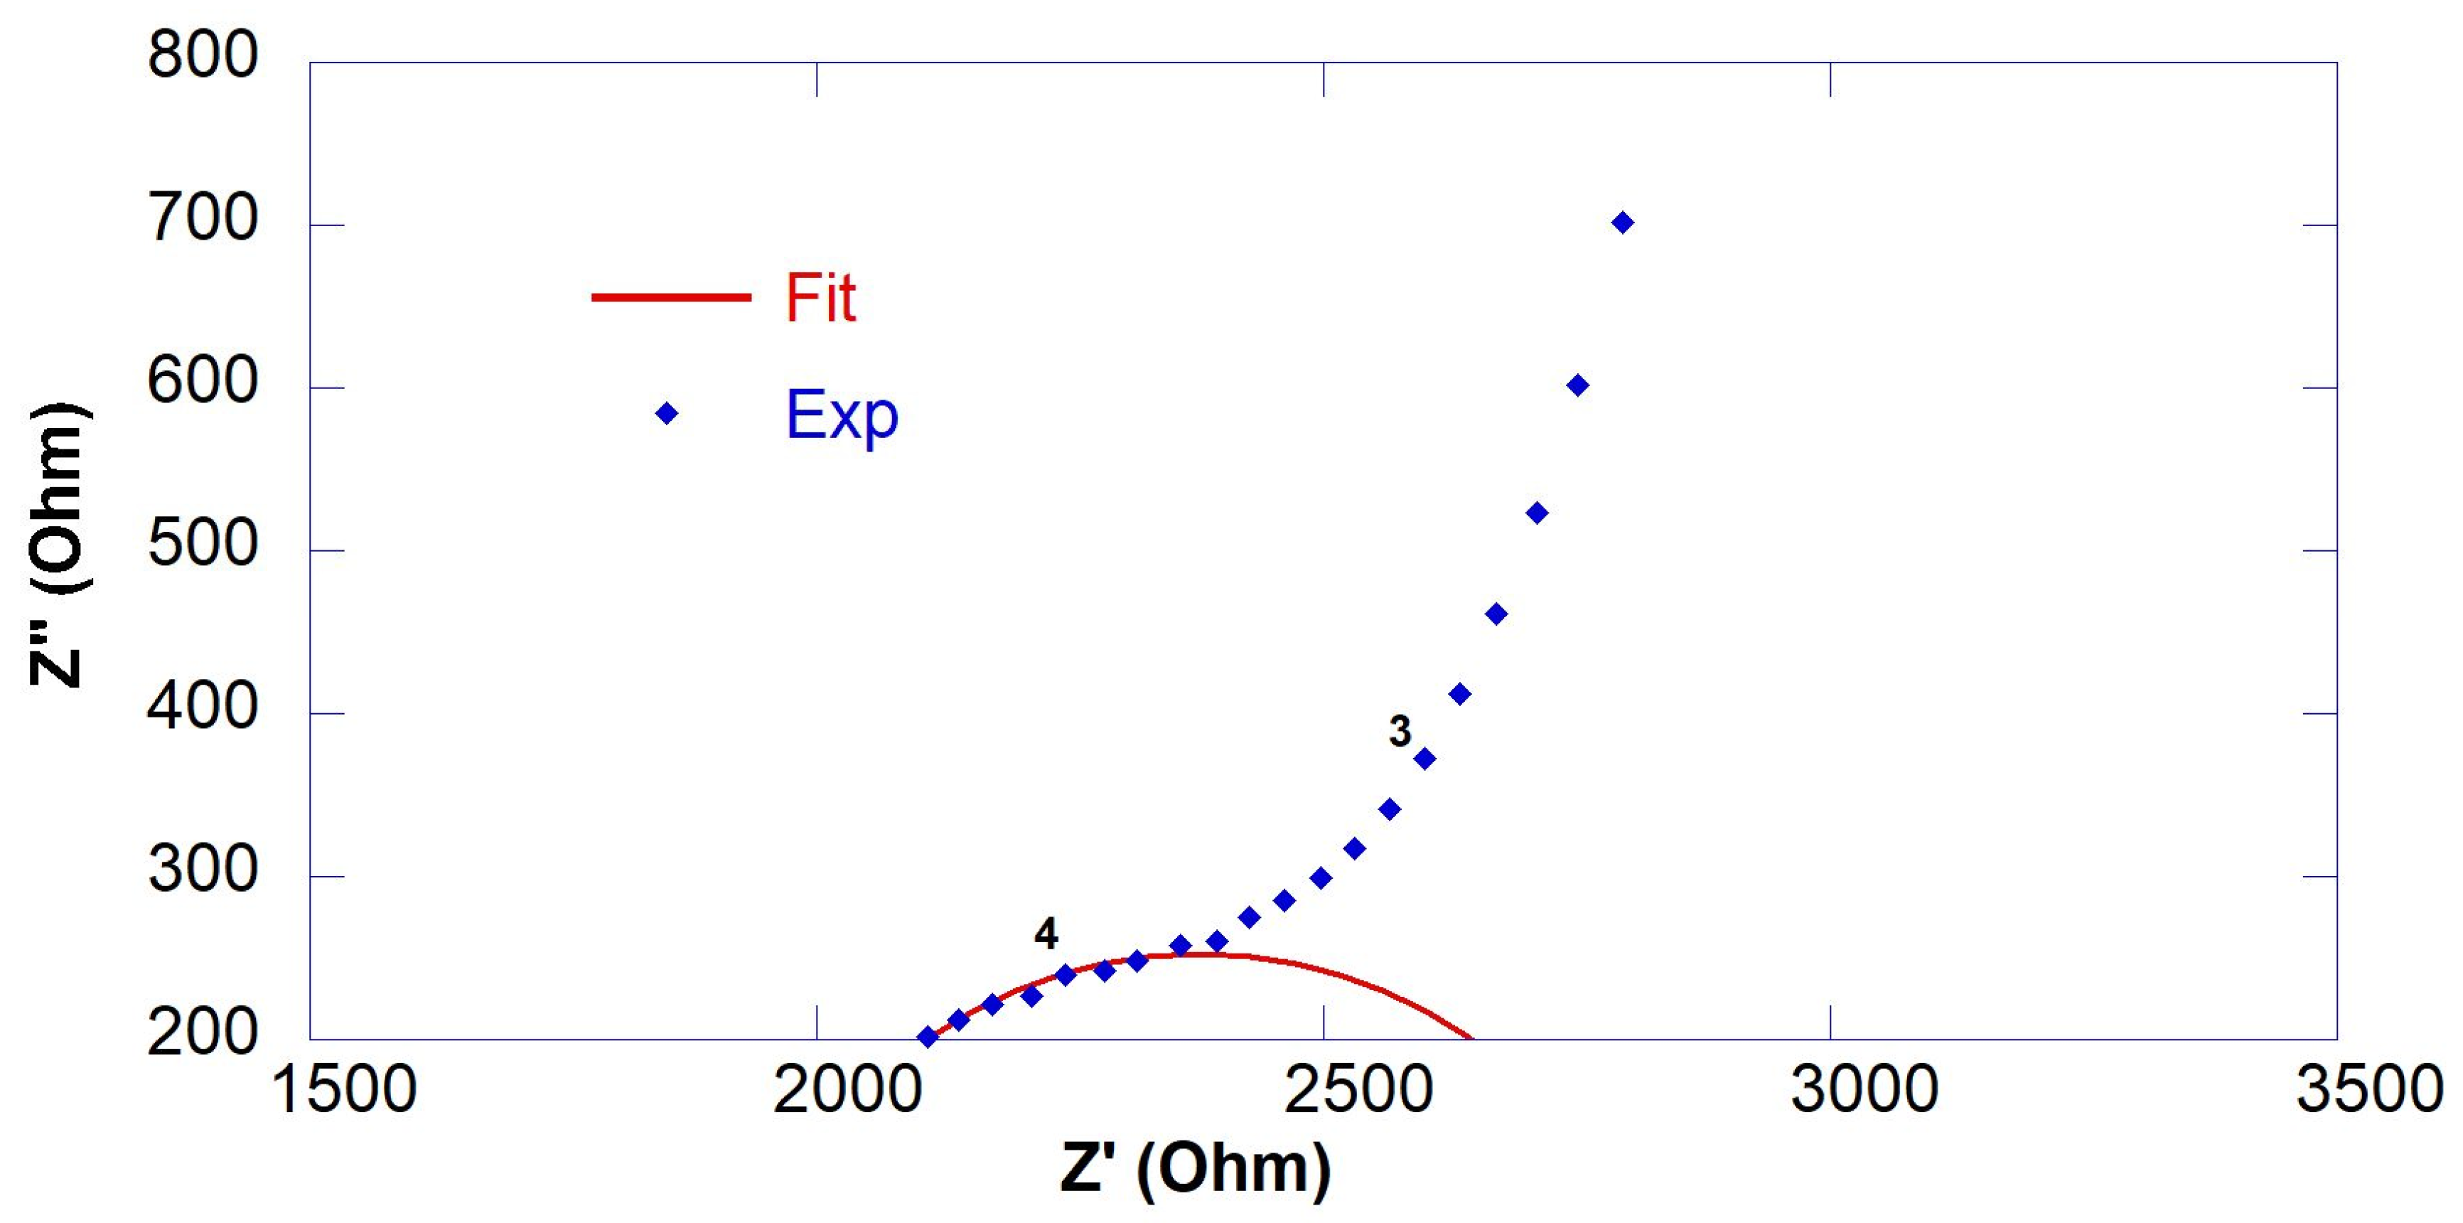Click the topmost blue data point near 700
click(1623, 223)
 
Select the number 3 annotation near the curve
click(1400, 732)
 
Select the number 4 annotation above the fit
click(1046, 934)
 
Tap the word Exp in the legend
click(842, 416)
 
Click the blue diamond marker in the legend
click(667, 414)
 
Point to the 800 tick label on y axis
click(203, 55)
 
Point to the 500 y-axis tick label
click(203, 545)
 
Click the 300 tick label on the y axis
click(203, 870)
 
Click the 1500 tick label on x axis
click(344, 1090)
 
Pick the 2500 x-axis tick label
click(1358, 1090)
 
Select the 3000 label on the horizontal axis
click(1864, 1090)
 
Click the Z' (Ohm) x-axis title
click(1195, 1168)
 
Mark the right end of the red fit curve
click(1471, 1037)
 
